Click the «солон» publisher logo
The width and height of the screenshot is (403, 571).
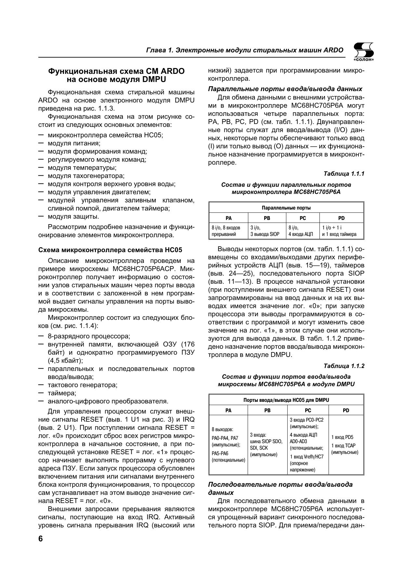pyautogui.click(x=363, y=52)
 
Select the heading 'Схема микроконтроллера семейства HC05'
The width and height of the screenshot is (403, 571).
pyautogui.click(x=110, y=250)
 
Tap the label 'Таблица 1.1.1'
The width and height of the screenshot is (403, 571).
pyautogui.click(x=344, y=174)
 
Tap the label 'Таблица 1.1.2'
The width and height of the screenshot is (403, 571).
pyautogui.click(x=344, y=366)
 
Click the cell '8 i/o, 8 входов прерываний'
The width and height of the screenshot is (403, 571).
pyautogui.click(x=228, y=231)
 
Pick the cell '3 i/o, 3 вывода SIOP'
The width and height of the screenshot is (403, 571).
pyautogui.click(x=267, y=231)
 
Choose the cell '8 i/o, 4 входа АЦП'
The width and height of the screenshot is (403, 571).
pyautogui.click(x=303, y=231)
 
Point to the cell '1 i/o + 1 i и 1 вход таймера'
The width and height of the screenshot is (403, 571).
pyautogui.click(x=341, y=231)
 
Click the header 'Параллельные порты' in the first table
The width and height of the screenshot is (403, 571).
pyautogui.click(x=286, y=208)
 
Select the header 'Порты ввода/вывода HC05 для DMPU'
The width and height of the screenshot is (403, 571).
pyautogui.click(x=286, y=400)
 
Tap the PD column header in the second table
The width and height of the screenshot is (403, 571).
pyautogui.click(x=346, y=410)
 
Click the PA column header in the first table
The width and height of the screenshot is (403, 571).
pyautogui.click(x=228, y=218)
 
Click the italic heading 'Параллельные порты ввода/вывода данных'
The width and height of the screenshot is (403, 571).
pyautogui.click(x=285, y=89)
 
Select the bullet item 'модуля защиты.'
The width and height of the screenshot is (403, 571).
pyautogui.click(x=73, y=216)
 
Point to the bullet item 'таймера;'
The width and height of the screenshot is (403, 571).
pyautogui.click(x=62, y=393)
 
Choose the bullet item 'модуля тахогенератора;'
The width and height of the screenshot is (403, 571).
pyautogui.click(x=86, y=176)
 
